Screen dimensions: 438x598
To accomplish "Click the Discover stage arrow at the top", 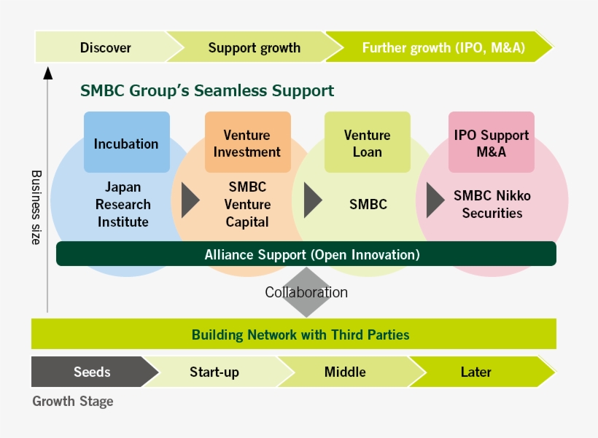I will pyautogui.click(x=105, y=48).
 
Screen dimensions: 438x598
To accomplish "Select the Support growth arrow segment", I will pyautogui.click(x=254, y=48).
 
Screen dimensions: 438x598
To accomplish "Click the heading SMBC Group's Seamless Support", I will pyautogui.click(x=207, y=91).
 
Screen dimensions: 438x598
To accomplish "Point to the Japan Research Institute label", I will pyautogui.click(x=123, y=205).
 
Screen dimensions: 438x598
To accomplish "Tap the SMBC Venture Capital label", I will pyautogui.click(x=247, y=205).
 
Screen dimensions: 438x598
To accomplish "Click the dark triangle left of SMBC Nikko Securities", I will pyautogui.click(x=435, y=196).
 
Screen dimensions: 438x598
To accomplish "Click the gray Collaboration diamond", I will pyautogui.click(x=306, y=292).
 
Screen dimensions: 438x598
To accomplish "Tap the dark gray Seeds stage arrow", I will pyautogui.click(x=92, y=372).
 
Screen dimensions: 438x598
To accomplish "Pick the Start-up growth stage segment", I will pyautogui.click(x=214, y=372).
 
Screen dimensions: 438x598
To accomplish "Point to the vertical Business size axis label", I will pyautogui.click(x=36, y=208).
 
